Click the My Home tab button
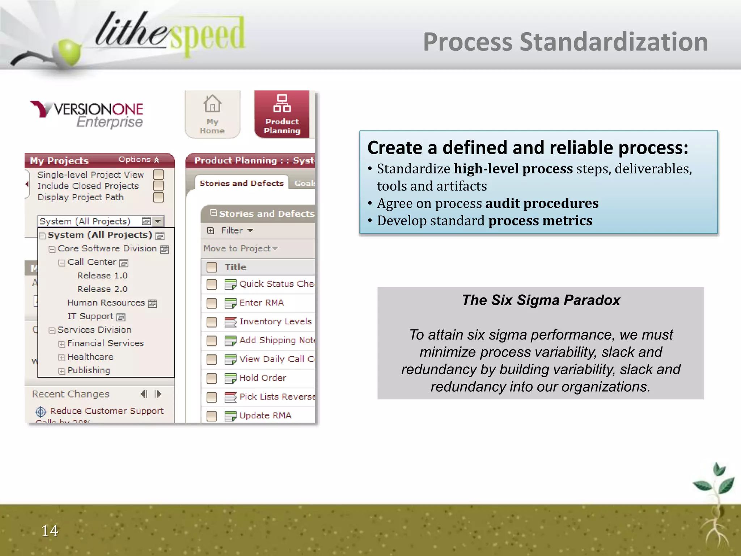(212, 114)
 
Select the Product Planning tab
(282, 114)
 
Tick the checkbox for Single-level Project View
(158, 175)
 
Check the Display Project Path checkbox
(158, 197)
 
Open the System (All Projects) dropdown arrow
(158, 221)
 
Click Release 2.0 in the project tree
(102, 289)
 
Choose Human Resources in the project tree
(106, 303)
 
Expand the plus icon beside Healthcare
(62, 358)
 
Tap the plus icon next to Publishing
(62, 371)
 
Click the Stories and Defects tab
(241, 183)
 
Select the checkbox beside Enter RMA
(212, 303)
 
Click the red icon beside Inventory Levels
(230, 322)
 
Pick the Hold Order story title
(263, 378)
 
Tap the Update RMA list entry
(265, 416)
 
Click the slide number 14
(50, 531)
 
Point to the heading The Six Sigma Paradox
(541, 300)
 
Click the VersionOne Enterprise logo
(87, 114)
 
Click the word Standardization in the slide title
(614, 42)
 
